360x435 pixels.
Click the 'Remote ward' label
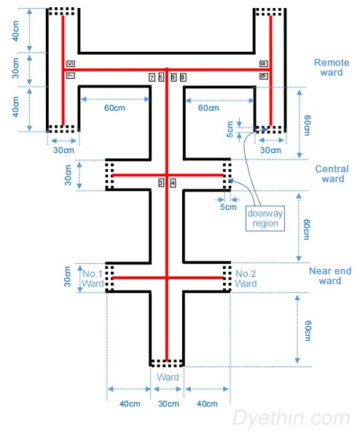point(332,68)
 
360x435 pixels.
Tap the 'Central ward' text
point(332,174)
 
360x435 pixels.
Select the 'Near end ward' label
point(330,276)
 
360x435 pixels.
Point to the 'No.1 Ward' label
point(93,278)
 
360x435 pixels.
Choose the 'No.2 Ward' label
point(246,278)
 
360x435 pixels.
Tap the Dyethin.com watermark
point(291,418)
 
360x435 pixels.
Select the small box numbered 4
point(173,183)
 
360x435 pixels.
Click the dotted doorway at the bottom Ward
point(167,361)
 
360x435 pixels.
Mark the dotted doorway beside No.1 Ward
point(109,278)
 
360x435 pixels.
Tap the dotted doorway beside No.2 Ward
point(226,278)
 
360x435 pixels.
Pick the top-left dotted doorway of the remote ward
point(63,12)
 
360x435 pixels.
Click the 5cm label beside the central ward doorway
point(228,207)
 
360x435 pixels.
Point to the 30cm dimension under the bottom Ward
point(168,404)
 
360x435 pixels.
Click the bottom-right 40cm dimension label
point(206,404)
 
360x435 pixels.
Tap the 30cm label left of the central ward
point(67,175)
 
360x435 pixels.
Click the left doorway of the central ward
point(109,176)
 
